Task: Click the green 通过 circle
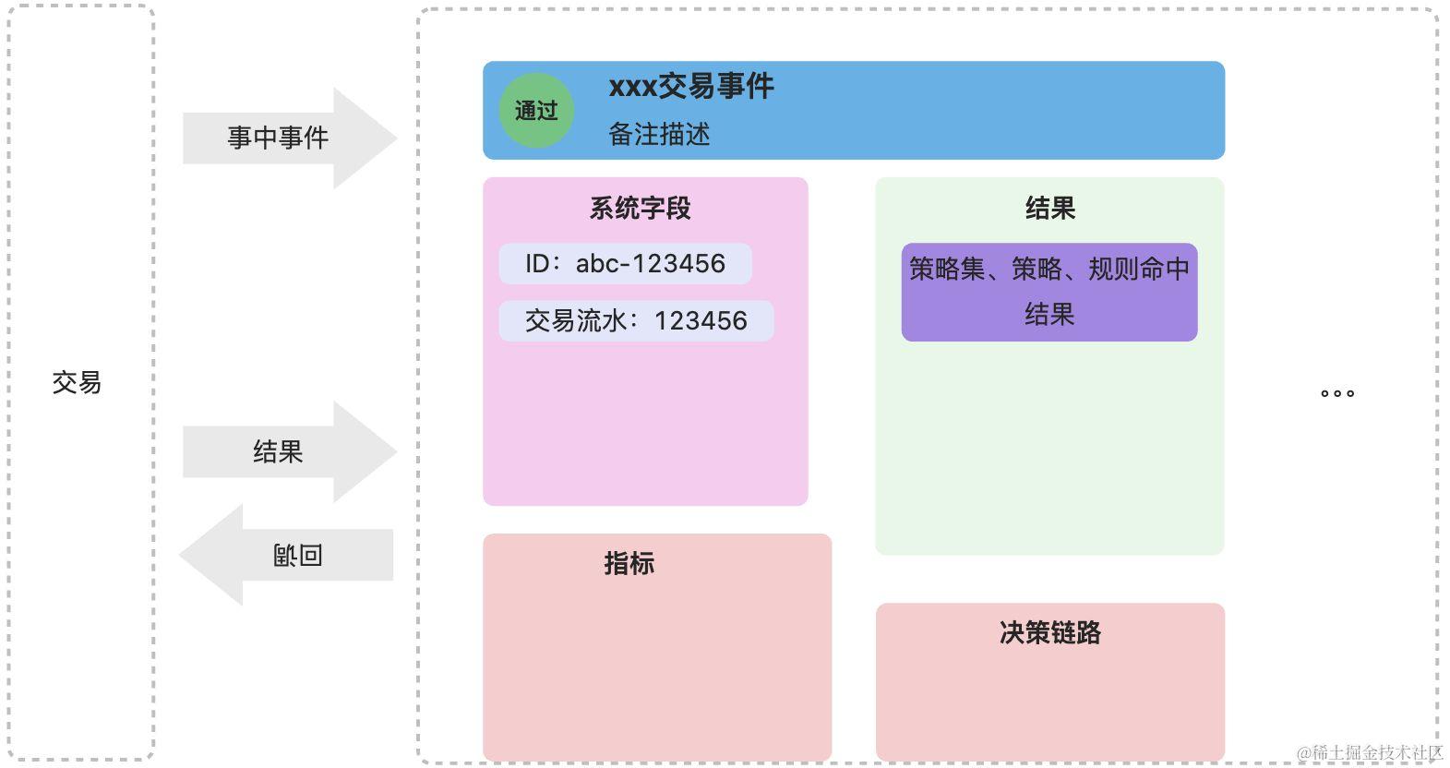point(536,111)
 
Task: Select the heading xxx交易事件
point(691,87)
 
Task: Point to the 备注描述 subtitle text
point(659,135)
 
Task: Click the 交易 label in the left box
point(77,382)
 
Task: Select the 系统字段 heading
point(641,209)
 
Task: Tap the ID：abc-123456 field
point(625,264)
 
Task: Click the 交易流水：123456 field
point(636,321)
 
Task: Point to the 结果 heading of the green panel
point(1050,209)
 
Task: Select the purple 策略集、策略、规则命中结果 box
point(1049,292)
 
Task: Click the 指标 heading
point(629,563)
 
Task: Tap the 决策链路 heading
point(1050,632)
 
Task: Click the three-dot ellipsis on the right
point(1337,393)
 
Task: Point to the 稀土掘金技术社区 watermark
point(1370,753)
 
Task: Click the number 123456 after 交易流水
point(701,321)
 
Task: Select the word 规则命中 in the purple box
point(1139,269)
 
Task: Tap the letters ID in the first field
point(537,264)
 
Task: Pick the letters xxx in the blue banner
point(632,87)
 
